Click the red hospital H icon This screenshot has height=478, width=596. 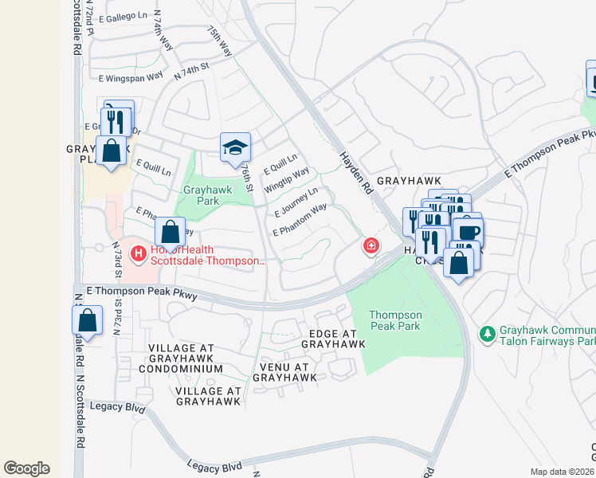pyautogui.click(x=139, y=253)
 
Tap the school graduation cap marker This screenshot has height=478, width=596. pyautogui.click(x=235, y=147)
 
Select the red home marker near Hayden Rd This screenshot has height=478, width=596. pyautogui.click(x=371, y=246)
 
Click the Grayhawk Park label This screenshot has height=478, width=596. pyautogui.click(x=201, y=195)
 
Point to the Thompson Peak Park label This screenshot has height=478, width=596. pyautogui.click(x=395, y=320)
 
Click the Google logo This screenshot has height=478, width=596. pyautogui.click(x=26, y=468)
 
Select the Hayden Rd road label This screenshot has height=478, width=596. pyautogui.click(x=356, y=173)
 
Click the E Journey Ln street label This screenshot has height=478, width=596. pyautogui.click(x=296, y=202)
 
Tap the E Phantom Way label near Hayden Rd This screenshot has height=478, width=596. pyautogui.click(x=300, y=220)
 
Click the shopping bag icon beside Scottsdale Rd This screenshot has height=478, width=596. pyautogui.click(x=88, y=321)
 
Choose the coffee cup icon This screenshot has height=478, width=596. pyautogui.click(x=468, y=233)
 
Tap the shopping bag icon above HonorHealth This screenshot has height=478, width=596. pyautogui.click(x=170, y=233)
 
